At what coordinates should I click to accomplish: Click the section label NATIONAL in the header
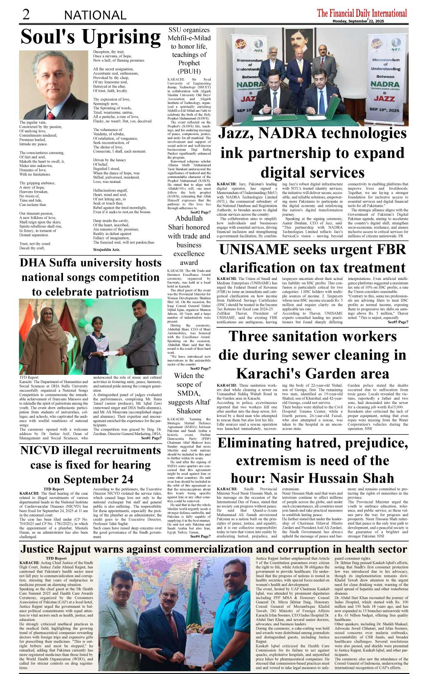95,16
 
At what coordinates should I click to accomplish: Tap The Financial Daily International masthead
362,13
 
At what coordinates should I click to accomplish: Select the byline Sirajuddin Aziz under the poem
107,249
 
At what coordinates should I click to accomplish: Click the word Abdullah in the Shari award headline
189,219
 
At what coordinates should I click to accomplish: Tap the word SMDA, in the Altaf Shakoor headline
189,393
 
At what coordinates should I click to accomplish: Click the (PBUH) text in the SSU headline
189,72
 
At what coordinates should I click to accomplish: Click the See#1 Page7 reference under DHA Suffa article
151,438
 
